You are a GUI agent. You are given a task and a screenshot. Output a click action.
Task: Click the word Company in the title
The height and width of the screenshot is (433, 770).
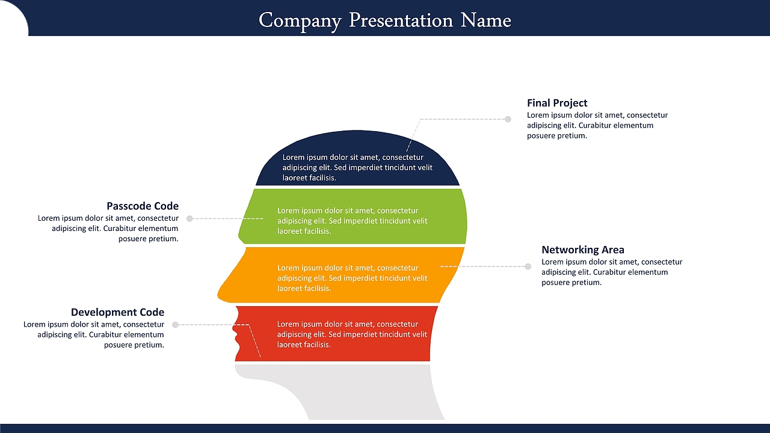[x=300, y=21]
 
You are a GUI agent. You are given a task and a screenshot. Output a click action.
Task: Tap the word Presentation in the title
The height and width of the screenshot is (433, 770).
[x=401, y=20]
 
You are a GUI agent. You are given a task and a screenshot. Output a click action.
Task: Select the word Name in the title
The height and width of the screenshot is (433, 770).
[x=485, y=20]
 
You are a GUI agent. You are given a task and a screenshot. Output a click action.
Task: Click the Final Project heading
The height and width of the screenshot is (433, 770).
[x=557, y=103]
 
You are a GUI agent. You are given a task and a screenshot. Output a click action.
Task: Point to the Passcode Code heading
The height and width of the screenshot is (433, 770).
[x=143, y=206]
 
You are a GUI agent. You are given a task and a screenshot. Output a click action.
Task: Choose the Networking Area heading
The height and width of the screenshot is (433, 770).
[x=583, y=250]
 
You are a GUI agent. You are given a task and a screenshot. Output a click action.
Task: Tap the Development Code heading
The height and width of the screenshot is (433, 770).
[x=117, y=312]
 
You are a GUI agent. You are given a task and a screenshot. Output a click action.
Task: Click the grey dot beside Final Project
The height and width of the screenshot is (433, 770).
[x=508, y=119]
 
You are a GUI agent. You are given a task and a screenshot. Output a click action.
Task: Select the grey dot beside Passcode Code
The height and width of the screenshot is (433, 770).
[x=189, y=218]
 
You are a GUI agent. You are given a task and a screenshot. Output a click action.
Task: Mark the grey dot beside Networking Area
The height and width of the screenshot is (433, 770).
[x=528, y=266]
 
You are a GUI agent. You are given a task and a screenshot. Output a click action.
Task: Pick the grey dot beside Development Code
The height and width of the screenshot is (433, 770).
[x=175, y=325]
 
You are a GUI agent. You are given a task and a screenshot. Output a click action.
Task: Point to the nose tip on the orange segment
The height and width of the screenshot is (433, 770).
[x=218, y=295]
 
